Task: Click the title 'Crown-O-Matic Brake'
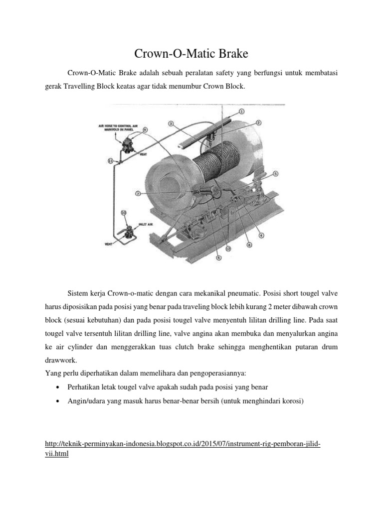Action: pos(191,53)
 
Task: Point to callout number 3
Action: pos(171,124)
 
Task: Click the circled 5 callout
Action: pos(276,174)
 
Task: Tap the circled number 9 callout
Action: pos(145,130)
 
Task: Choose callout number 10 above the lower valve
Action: pos(124,212)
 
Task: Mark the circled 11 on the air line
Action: pos(111,161)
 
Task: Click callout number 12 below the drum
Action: pos(227,248)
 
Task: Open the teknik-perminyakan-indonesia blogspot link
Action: pos(182,443)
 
